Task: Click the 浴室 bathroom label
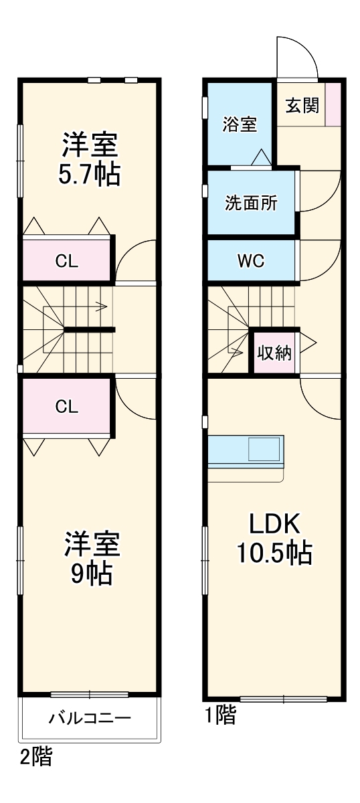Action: tap(240, 124)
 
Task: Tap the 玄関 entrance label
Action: tap(302, 105)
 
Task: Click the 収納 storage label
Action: tap(275, 353)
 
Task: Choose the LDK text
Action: tap(274, 523)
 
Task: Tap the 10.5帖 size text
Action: tap(274, 553)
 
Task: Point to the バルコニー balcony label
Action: tap(90, 719)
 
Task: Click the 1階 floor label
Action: tap(219, 717)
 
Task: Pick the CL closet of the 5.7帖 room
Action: tap(67, 260)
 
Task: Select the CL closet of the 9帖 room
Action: tap(66, 406)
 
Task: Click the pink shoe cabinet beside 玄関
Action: tap(333, 104)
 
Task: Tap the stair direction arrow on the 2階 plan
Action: tap(100, 308)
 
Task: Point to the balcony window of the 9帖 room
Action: tap(90, 694)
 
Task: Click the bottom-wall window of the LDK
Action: tap(284, 699)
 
